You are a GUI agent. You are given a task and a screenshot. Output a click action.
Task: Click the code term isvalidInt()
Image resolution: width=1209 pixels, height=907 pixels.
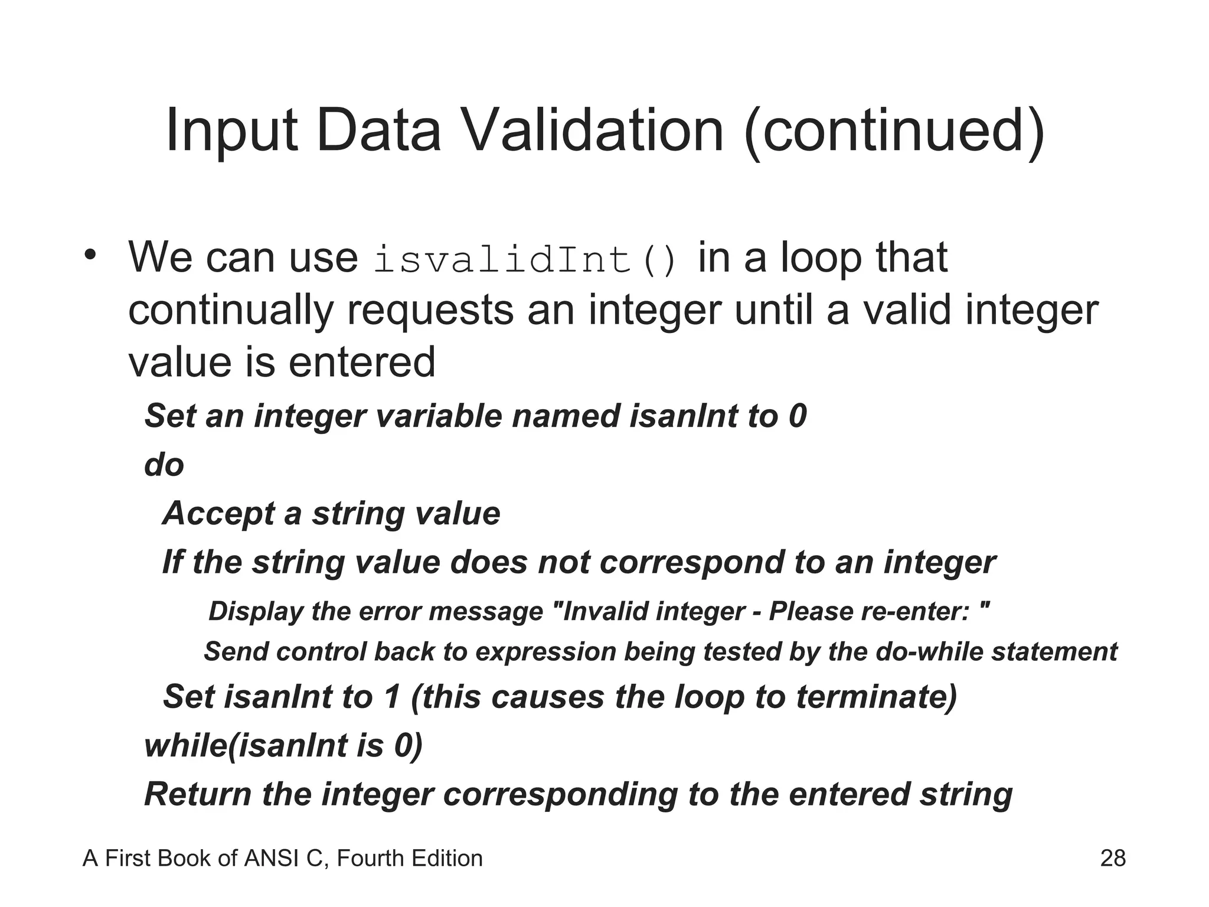[x=525, y=260]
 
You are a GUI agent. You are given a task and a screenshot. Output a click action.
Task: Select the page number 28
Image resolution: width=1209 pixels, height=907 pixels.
[x=1112, y=858]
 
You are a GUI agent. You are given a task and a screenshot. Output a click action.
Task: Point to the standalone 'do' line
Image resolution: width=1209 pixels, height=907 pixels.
[x=164, y=465]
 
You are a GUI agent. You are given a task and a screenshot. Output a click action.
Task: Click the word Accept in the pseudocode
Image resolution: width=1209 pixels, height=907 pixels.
[x=218, y=514]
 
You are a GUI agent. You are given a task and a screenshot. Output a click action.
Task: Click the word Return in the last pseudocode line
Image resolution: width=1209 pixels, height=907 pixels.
[x=198, y=794]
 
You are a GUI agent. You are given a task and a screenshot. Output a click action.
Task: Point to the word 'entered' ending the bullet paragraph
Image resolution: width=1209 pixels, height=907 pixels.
[x=361, y=362]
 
